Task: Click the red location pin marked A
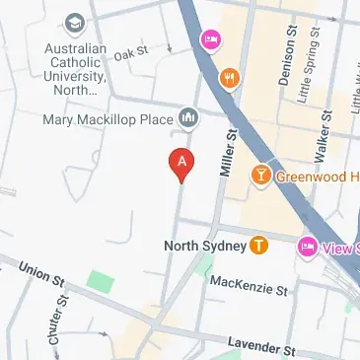click(180, 163)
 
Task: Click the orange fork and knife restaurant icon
click(230, 79)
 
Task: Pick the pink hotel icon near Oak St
click(209, 39)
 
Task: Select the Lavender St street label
click(260, 346)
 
